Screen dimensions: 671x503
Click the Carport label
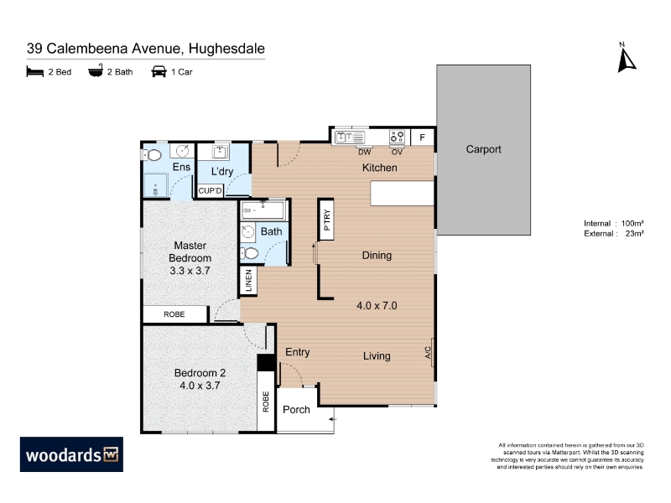click(x=483, y=149)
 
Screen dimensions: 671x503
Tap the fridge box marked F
click(x=423, y=137)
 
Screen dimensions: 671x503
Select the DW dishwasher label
click(x=364, y=152)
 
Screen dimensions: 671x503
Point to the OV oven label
click(x=397, y=152)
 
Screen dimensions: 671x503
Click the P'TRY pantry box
click(x=325, y=220)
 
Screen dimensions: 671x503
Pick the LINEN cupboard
click(x=248, y=281)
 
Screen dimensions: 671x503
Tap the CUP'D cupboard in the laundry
click(x=211, y=191)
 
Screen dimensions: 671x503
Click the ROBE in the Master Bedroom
click(x=174, y=314)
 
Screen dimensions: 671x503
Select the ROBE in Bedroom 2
click(x=266, y=402)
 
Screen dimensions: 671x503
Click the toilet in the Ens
click(x=152, y=155)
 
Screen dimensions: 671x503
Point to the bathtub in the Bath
click(x=263, y=210)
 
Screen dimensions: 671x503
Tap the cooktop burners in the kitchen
click(x=397, y=137)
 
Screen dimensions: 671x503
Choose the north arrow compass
click(x=626, y=58)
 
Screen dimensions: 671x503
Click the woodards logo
click(x=71, y=454)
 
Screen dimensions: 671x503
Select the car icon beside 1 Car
click(x=159, y=71)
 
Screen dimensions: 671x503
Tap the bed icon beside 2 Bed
click(x=35, y=71)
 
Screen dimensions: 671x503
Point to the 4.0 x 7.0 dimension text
click(x=377, y=306)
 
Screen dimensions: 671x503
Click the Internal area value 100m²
click(x=632, y=223)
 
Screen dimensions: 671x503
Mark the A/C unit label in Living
click(x=429, y=352)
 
